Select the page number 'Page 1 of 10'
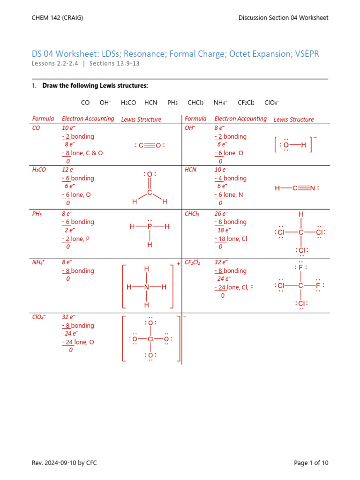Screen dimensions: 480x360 [311, 463]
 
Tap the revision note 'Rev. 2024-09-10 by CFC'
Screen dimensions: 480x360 [64, 463]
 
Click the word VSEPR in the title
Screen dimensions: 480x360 [307, 54]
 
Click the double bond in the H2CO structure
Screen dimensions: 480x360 [150, 183]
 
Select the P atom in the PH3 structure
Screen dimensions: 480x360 [150, 227]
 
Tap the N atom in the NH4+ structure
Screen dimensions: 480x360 [147, 287]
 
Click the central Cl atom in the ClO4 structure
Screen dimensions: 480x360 [150, 339]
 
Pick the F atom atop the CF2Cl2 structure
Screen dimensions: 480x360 [301, 268]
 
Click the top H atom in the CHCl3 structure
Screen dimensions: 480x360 [301, 214]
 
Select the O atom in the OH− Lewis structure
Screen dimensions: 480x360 [286, 145]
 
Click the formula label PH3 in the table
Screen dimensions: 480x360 [37, 214]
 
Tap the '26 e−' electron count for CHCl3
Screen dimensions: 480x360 [221, 214]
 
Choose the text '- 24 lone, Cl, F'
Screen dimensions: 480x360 [234, 287]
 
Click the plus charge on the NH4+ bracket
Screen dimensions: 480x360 [179, 264]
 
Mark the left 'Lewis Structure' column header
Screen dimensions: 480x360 [141, 120]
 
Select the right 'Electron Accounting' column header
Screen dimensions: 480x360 [240, 119]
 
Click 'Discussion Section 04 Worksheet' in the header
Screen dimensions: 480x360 [283, 18]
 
